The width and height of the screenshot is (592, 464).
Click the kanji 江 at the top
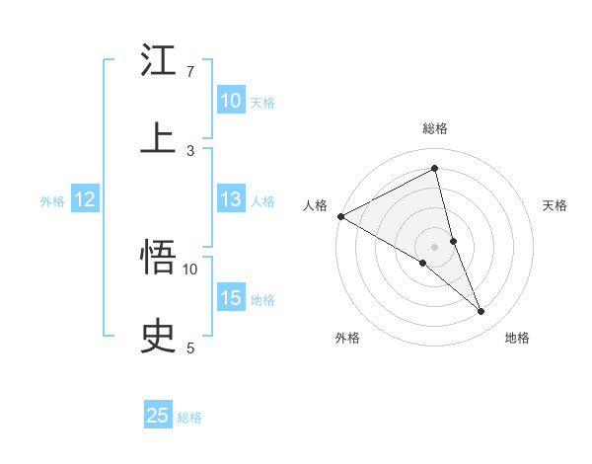(158, 61)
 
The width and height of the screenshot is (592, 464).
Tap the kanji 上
(158, 139)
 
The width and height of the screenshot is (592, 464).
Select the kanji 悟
(158, 259)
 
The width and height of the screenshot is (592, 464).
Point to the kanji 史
(158, 337)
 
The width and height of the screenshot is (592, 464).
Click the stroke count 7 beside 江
(190, 72)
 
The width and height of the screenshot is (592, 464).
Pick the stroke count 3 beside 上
(190, 150)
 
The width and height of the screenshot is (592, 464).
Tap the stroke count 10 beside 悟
(190, 269)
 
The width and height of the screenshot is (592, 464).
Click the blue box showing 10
(230, 101)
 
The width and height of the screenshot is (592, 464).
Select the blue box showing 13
(230, 199)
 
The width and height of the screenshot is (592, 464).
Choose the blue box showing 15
(230, 298)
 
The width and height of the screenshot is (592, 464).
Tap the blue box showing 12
(84, 199)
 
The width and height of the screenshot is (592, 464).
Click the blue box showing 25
(158, 416)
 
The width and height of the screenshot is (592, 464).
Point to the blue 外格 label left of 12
(52, 201)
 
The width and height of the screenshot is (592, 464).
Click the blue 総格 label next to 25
(189, 418)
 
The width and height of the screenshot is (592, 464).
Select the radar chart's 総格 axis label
(435, 128)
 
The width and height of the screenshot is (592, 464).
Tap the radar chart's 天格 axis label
(555, 205)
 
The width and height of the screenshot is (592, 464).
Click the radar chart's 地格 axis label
(517, 338)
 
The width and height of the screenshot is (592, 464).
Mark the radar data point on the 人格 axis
(340, 216)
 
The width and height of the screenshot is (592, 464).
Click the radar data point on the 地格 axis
(481, 312)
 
